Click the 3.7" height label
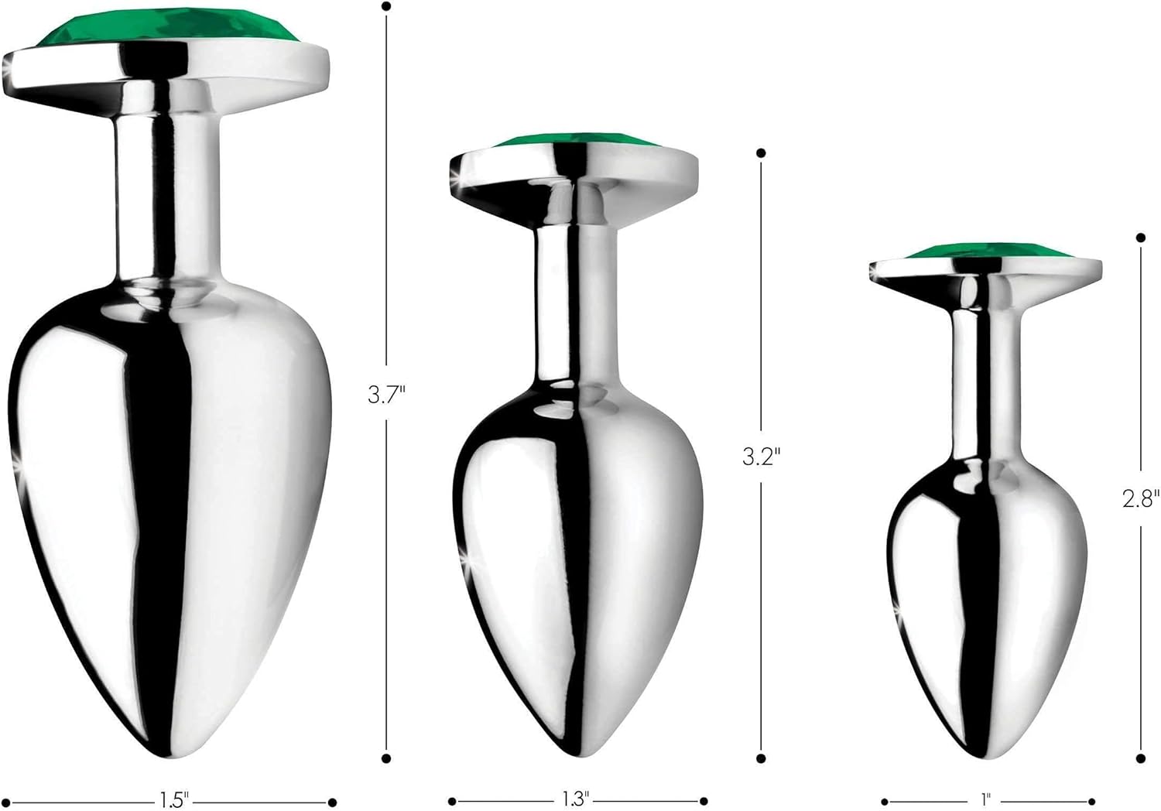tap(385, 395)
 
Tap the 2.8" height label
tap(1141, 498)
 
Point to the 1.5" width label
tap(173, 799)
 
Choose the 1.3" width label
tap(576, 799)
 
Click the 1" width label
tap(985, 799)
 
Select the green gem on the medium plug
tap(575, 140)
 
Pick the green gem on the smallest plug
tap(989, 252)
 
